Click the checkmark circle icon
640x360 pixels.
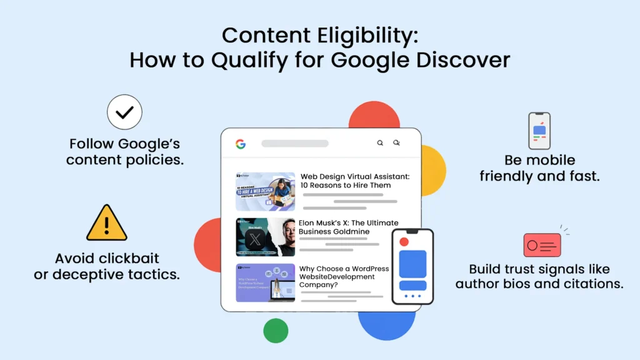(x=125, y=112)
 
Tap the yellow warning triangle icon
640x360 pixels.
(x=107, y=223)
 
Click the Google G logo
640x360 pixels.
(x=241, y=144)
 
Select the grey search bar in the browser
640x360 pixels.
(x=295, y=144)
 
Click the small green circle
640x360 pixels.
(x=276, y=331)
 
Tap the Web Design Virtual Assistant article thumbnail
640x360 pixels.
(x=266, y=192)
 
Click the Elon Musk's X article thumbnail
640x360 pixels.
(x=266, y=237)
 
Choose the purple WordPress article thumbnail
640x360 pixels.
(x=266, y=283)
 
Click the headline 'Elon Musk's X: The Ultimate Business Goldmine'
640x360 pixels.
(x=348, y=227)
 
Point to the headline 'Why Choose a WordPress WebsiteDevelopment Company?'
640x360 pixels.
(x=344, y=276)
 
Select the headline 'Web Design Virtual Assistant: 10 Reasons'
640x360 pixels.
(x=354, y=181)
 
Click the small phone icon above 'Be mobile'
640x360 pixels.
(x=539, y=131)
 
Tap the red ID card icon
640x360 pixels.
(x=542, y=245)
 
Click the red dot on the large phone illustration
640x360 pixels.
(x=404, y=242)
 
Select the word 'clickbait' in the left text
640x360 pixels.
(x=129, y=258)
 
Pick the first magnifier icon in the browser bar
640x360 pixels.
(x=380, y=143)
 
